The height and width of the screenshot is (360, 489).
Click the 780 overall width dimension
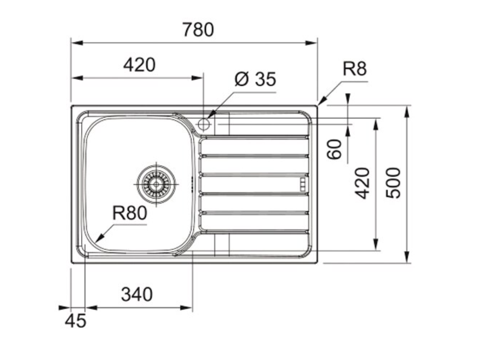pyautogui.click(x=198, y=29)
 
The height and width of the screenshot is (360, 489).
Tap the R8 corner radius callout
pyautogui.click(x=355, y=69)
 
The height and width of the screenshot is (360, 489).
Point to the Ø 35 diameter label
pyautogui.click(x=255, y=79)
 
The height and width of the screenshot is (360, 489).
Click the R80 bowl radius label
pyautogui.click(x=129, y=213)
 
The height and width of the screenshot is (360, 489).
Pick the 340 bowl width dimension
pyautogui.click(x=137, y=295)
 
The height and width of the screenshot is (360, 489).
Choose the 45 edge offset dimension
pyautogui.click(x=75, y=321)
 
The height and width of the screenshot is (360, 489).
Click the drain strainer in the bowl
pyautogui.click(x=156, y=184)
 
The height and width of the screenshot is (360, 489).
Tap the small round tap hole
pyautogui.click(x=204, y=124)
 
